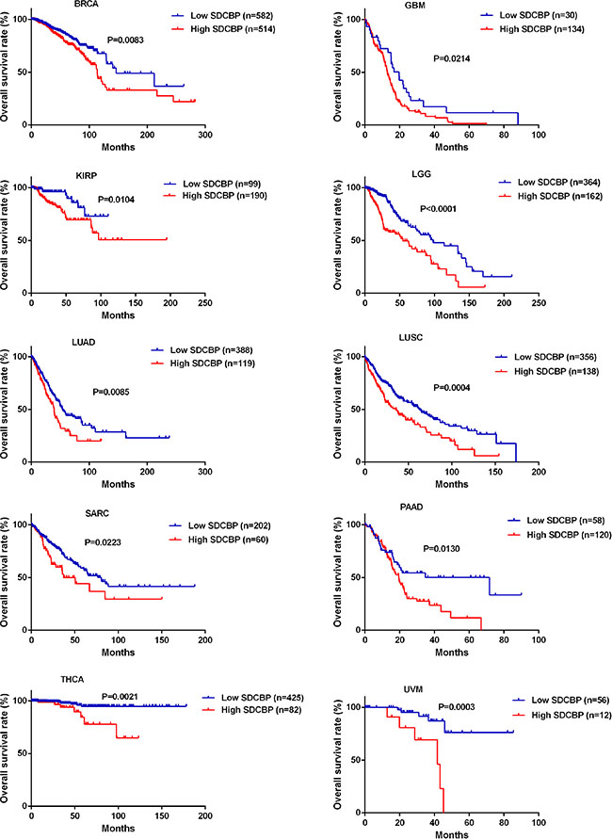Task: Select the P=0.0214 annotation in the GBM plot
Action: (455, 58)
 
